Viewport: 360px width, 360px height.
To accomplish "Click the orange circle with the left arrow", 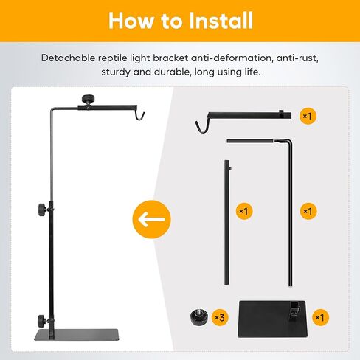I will (152, 219).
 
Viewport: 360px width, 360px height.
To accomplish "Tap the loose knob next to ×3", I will (197, 318).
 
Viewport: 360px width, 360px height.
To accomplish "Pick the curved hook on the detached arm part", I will (200, 127).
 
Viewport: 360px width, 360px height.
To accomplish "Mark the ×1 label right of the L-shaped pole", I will (308, 212).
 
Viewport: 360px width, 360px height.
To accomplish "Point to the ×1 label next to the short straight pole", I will (243, 212).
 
